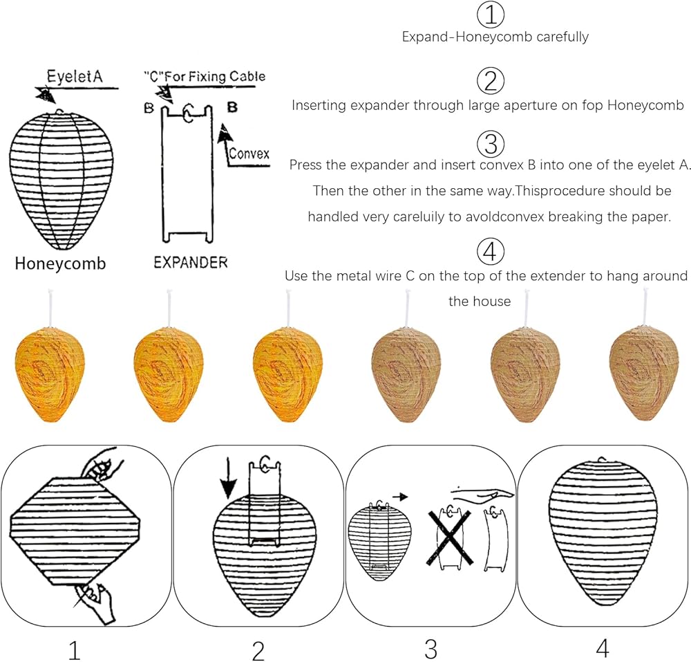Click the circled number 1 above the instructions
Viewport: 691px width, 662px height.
coord(491,14)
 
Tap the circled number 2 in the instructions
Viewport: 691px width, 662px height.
coord(491,82)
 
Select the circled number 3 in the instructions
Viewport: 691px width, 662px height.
coord(491,143)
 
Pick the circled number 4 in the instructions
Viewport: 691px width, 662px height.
coord(491,251)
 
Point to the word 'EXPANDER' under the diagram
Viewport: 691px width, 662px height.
coord(191,263)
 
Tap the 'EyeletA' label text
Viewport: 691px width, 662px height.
coord(74,77)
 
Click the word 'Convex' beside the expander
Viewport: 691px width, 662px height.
coord(249,154)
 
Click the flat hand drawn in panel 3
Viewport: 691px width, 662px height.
coord(484,492)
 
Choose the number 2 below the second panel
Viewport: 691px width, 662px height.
coord(258,650)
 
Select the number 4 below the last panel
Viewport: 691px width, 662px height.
coord(603,649)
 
